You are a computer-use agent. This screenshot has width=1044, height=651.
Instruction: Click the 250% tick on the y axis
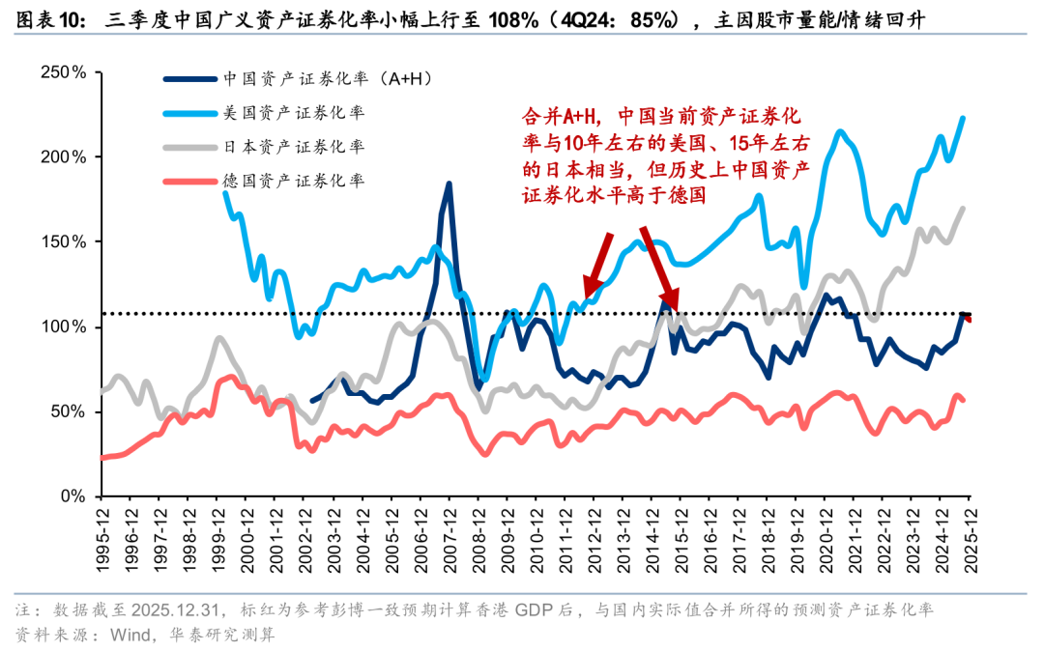(x=65, y=72)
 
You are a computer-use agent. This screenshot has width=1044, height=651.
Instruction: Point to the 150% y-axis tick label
(x=65, y=242)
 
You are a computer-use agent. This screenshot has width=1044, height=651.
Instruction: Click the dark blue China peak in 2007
(x=449, y=184)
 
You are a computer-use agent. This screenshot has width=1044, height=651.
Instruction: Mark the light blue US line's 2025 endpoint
(x=963, y=118)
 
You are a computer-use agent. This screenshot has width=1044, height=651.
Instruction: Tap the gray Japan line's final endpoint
(x=963, y=208)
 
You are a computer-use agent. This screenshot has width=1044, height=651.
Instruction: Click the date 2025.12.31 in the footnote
(x=176, y=611)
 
